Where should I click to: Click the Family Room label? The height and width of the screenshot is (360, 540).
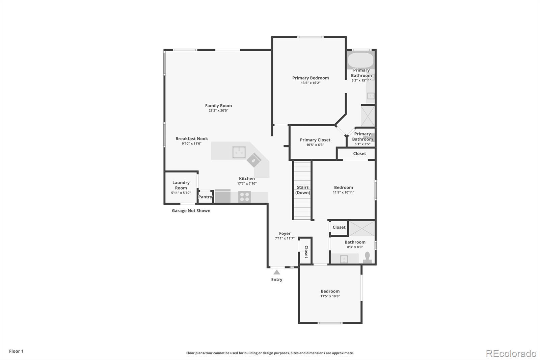pyautogui.click(x=218, y=106)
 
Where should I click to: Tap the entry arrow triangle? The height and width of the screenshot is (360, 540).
pyautogui.click(x=277, y=272)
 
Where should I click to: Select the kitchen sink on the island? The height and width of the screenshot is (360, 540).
pyautogui.click(x=239, y=152)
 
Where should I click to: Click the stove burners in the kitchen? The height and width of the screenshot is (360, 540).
pyautogui.click(x=244, y=197)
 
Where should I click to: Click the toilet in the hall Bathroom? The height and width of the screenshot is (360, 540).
pyautogui.click(x=367, y=258)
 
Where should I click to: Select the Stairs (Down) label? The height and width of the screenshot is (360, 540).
pyautogui.click(x=303, y=190)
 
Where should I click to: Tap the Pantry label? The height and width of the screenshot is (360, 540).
pyautogui.click(x=205, y=197)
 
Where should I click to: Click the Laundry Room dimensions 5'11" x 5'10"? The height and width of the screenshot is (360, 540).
pyautogui.click(x=181, y=193)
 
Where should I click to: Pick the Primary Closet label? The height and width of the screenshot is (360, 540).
pyautogui.click(x=315, y=140)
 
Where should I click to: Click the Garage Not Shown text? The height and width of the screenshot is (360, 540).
pyautogui.click(x=191, y=211)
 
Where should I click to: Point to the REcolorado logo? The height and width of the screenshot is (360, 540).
pyautogui.click(x=511, y=354)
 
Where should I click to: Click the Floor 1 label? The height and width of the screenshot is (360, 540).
pyautogui.click(x=16, y=351)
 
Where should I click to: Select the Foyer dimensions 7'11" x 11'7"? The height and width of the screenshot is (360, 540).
pyautogui.click(x=285, y=238)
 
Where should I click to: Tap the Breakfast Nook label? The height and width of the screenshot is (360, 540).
pyautogui.click(x=191, y=139)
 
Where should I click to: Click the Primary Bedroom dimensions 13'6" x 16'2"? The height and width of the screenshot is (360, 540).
pyautogui.click(x=310, y=83)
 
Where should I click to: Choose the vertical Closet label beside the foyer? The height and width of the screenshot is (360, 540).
pyautogui.click(x=306, y=252)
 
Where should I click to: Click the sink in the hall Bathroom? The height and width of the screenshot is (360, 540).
pyautogui.click(x=344, y=259)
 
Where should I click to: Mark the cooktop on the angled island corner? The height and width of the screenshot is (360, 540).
pyautogui.click(x=254, y=160)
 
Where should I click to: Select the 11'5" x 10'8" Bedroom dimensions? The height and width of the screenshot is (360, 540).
pyautogui.click(x=330, y=296)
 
